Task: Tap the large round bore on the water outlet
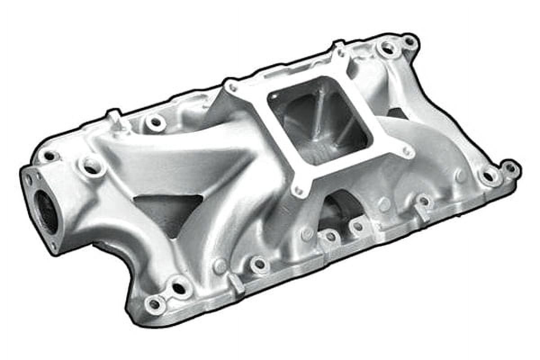[x=45, y=211]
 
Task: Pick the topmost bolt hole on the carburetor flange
[x=341, y=52]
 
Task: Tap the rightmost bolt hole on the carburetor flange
[x=407, y=152]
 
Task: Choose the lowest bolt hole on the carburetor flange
[x=298, y=191]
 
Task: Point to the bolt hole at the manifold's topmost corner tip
[x=409, y=41]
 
